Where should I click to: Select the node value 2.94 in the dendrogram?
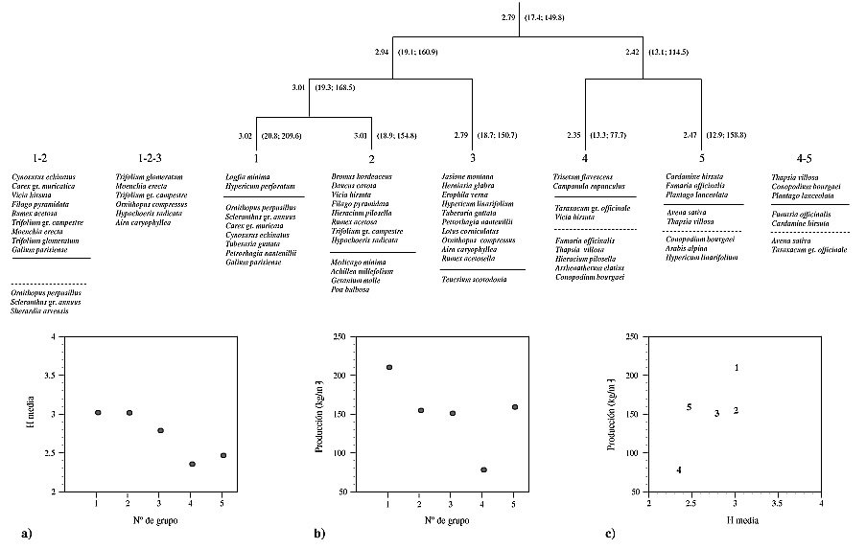point(383,50)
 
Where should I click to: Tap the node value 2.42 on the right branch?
point(631,50)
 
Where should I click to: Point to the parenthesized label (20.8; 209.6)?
point(285,136)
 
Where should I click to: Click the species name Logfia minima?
point(247,177)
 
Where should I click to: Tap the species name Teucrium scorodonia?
point(474,279)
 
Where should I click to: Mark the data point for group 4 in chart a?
point(192,465)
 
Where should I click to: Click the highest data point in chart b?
point(389,367)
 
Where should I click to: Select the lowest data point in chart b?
point(483,469)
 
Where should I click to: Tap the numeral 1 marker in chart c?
point(737,368)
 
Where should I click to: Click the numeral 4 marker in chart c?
point(679,469)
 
